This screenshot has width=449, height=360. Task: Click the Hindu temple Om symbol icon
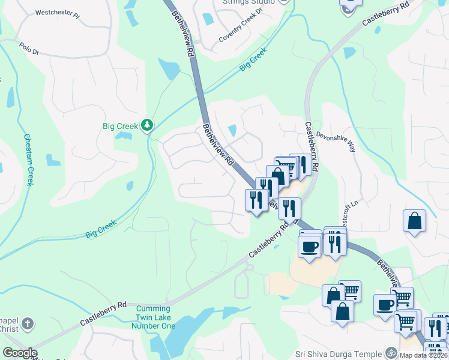[x=391, y=352]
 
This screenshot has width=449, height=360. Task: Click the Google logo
[x=20, y=353]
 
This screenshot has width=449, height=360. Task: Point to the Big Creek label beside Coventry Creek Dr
[x=253, y=61]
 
